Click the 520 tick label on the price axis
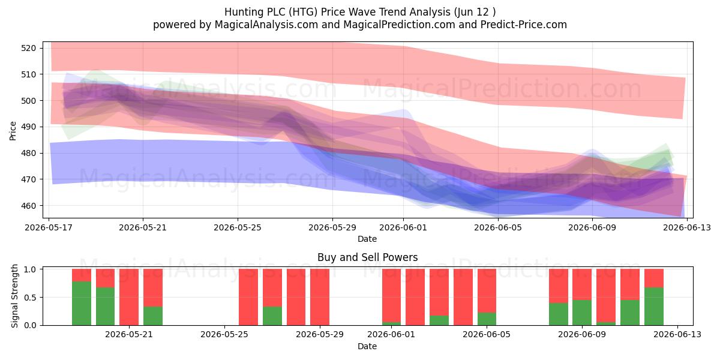click(28, 48)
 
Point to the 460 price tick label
click(28, 206)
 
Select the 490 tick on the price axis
click(28, 127)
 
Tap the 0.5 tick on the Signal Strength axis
click(30, 298)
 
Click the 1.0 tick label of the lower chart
click(30, 269)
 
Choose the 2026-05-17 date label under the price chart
click(49, 227)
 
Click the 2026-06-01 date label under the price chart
click(403, 227)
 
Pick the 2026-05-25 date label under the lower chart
click(224, 335)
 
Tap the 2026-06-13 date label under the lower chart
click(677, 335)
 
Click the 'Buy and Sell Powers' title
click(367, 257)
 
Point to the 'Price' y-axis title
click(13, 131)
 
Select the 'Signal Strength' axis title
click(14, 296)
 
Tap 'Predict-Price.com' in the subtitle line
click(524, 25)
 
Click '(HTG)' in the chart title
click(303, 12)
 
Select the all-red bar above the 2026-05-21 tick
click(129, 297)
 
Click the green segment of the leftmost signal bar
click(82, 304)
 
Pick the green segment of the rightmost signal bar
click(654, 307)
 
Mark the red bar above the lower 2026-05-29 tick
click(320, 297)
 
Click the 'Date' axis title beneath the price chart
click(367, 239)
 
